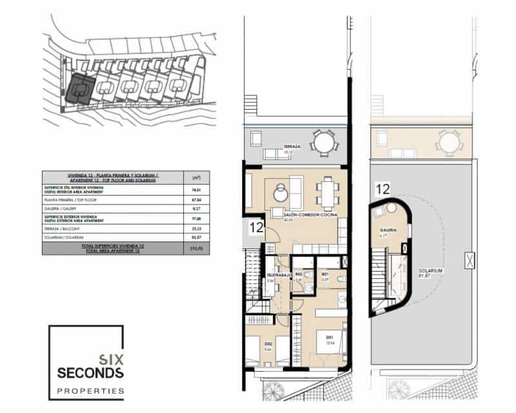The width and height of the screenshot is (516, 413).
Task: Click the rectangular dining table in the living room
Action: point(327,192)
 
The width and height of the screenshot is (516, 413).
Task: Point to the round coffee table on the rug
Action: point(281,193)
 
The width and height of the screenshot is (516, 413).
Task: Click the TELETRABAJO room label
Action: point(277,275)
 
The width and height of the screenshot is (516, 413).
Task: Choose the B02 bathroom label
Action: point(299,274)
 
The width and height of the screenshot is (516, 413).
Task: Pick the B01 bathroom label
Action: point(326,274)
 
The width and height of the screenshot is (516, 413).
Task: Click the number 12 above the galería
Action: point(382,189)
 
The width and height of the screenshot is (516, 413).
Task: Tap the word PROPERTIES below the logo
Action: point(90,390)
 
